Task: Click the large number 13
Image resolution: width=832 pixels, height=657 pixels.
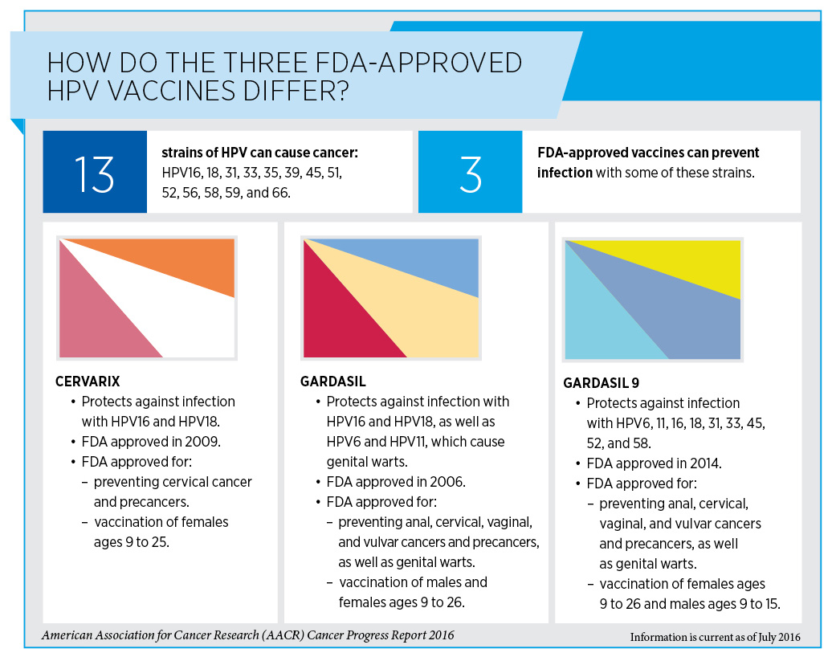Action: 95,173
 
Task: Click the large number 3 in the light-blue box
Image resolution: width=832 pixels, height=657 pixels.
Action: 471,173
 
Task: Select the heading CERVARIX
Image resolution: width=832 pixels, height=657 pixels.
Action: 88,381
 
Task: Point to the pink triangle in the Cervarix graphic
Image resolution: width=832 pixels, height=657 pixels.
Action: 92,321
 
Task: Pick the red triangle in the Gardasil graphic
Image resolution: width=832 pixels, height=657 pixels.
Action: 337,321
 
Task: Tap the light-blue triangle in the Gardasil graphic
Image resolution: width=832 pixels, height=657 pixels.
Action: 426,261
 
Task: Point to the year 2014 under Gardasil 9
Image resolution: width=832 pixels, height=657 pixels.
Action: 705,463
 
